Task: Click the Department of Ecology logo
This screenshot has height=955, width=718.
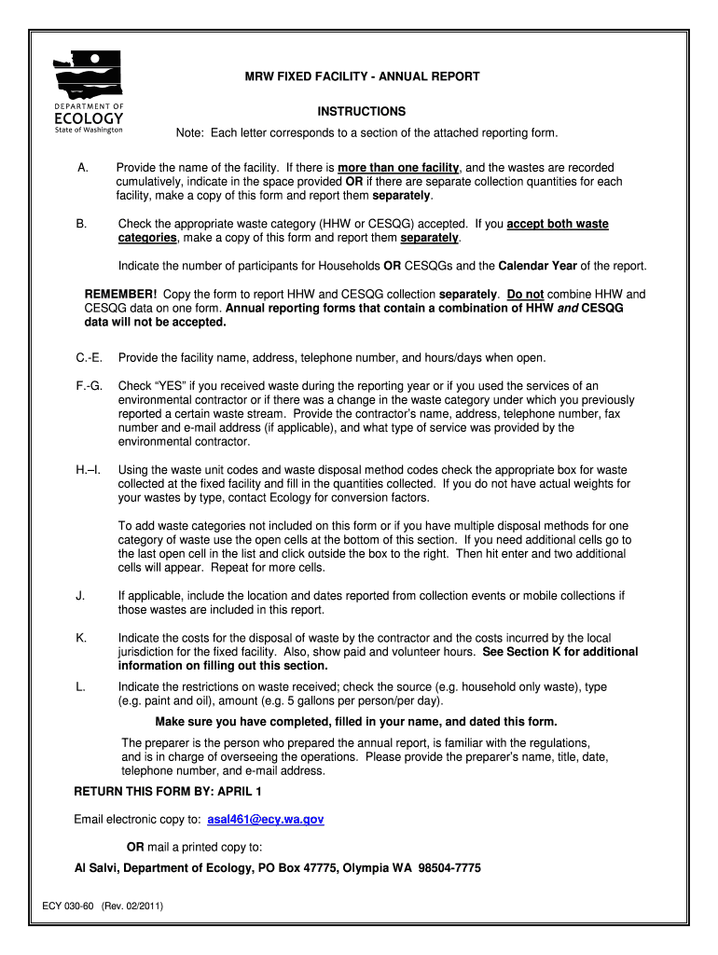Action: point(89,90)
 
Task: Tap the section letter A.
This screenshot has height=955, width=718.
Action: point(82,167)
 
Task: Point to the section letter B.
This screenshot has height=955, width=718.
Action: point(82,225)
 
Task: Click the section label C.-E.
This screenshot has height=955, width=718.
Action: point(90,358)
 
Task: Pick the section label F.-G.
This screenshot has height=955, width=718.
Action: point(90,386)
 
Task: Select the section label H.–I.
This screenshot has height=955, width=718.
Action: point(89,470)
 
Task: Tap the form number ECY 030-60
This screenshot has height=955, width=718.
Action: point(69,906)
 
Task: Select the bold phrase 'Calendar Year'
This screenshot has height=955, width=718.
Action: point(538,266)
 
